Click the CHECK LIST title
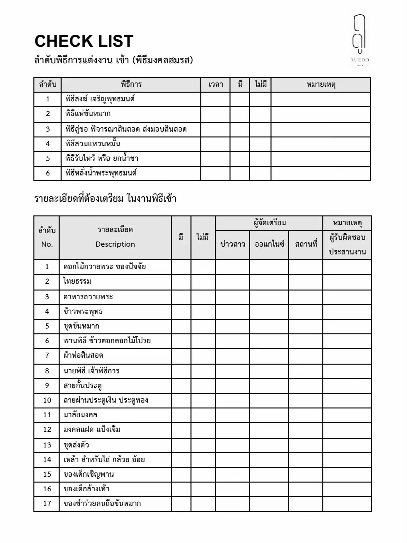[x=84, y=41]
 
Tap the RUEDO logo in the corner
[x=360, y=41]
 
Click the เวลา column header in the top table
[x=216, y=84]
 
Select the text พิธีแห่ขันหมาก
[x=88, y=114]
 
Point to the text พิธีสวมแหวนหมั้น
[x=93, y=144]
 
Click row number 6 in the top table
[x=48, y=173]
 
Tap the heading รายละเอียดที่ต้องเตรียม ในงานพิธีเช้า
[x=105, y=199]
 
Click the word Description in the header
[x=115, y=244]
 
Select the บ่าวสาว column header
[x=233, y=244]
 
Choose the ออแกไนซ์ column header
[x=269, y=244]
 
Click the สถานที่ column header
[x=306, y=244]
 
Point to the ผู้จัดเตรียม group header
[x=269, y=223]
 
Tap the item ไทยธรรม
[x=77, y=281]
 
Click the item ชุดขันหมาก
[x=81, y=326]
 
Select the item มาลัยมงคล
[x=80, y=415]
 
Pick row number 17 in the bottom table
[x=47, y=504]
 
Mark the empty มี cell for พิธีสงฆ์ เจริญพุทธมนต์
[x=240, y=99]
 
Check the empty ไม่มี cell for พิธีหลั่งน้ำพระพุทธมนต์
[x=260, y=173]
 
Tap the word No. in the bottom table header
[x=47, y=244]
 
